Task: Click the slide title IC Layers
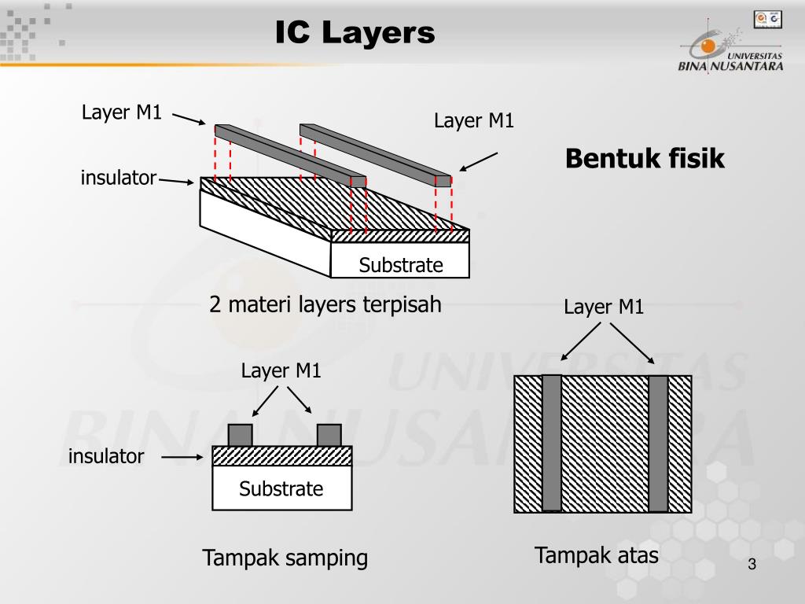pyautogui.click(x=355, y=33)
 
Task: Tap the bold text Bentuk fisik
pyautogui.click(x=645, y=159)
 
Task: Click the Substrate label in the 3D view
pyautogui.click(x=401, y=266)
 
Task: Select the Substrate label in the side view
pyautogui.click(x=281, y=489)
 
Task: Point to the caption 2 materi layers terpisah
pyautogui.click(x=325, y=304)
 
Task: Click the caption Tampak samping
pyautogui.click(x=285, y=558)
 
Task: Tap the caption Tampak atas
pyautogui.click(x=596, y=555)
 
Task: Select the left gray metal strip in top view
pyautogui.click(x=552, y=443)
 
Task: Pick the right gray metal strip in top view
pyautogui.click(x=658, y=443)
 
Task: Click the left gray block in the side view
pyautogui.click(x=240, y=435)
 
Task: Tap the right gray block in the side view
pyautogui.click(x=329, y=435)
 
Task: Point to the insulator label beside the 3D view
pyautogui.click(x=119, y=179)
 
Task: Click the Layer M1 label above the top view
pyautogui.click(x=604, y=308)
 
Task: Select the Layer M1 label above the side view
pyautogui.click(x=281, y=370)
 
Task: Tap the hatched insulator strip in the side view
pyautogui.click(x=281, y=456)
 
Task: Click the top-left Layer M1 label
pyautogui.click(x=122, y=112)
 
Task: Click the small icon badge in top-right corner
pyautogui.click(x=768, y=18)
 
